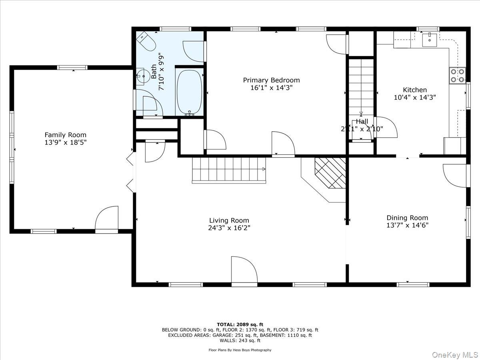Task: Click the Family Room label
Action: [65, 135]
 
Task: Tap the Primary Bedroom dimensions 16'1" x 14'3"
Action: [271, 88]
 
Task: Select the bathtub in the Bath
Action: [189, 92]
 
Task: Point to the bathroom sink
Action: [140, 77]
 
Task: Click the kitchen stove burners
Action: [458, 76]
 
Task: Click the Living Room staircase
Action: [229, 170]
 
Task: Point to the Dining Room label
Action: [407, 218]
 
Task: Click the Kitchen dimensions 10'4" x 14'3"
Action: [414, 97]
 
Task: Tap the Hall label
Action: [362, 122]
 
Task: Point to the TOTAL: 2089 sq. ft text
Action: [240, 324]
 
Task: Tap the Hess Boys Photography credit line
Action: [240, 350]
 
